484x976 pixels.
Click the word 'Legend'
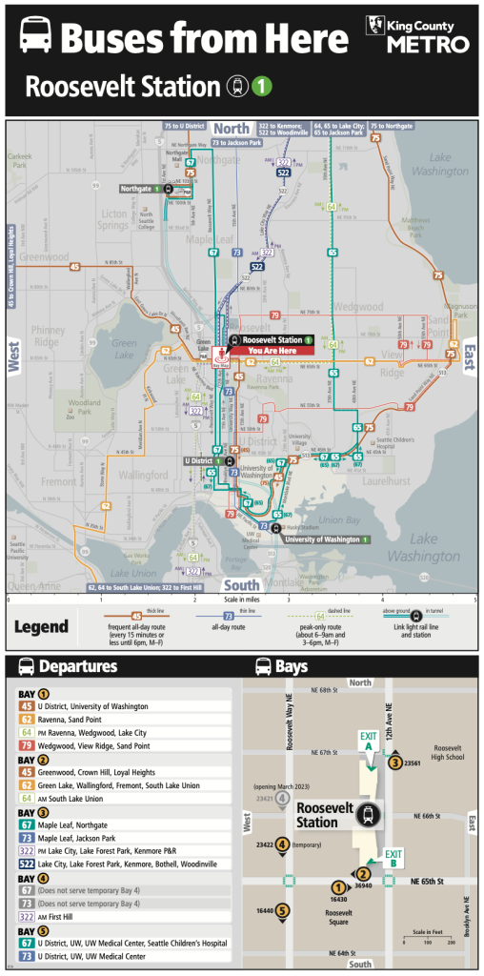pyautogui.click(x=40, y=626)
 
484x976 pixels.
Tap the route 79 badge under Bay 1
pyautogui.click(x=28, y=745)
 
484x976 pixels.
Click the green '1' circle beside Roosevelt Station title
pyautogui.click(x=262, y=87)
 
